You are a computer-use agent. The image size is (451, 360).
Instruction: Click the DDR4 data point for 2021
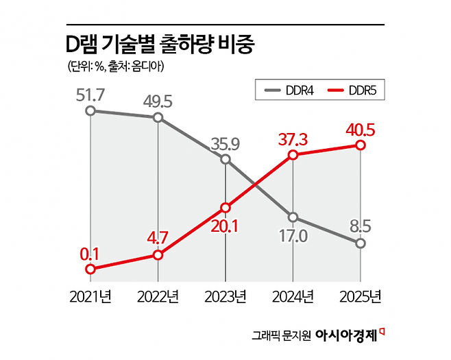tap(90, 110)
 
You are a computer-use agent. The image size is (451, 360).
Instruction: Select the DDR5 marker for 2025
tap(361, 145)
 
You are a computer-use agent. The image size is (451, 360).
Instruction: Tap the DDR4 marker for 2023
tap(225, 159)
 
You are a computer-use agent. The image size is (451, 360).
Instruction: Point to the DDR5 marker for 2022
tap(158, 254)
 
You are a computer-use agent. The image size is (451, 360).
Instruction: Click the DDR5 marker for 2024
tap(293, 155)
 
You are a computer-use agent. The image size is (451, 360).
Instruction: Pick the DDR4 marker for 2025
tap(361, 243)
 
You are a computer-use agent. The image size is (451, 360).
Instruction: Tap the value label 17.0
tap(293, 237)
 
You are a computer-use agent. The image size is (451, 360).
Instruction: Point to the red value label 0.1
tap(90, 254)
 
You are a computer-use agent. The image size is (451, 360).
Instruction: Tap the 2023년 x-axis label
tap(225, 298)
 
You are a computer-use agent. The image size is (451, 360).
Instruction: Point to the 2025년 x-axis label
tap(361, 298)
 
